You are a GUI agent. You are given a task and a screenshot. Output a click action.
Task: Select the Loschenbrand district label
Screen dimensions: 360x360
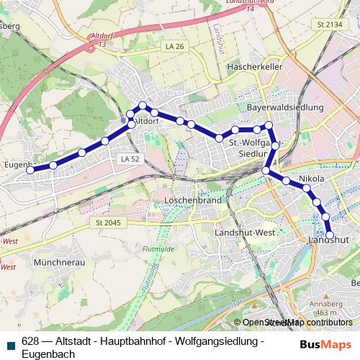coord(192,199)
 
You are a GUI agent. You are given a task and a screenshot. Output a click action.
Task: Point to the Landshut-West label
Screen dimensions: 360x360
coord(245,233)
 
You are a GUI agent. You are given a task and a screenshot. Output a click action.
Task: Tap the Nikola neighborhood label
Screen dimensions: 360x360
coord(311,177)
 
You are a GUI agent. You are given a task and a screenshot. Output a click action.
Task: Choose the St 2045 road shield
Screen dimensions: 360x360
coord(109,222)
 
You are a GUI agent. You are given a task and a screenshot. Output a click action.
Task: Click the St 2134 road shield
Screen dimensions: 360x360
coord(328,25)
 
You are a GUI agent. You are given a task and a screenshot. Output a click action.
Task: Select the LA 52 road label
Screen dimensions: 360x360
coord(130,158)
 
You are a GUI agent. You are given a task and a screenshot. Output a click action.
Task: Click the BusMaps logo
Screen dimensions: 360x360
coord(326,343)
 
